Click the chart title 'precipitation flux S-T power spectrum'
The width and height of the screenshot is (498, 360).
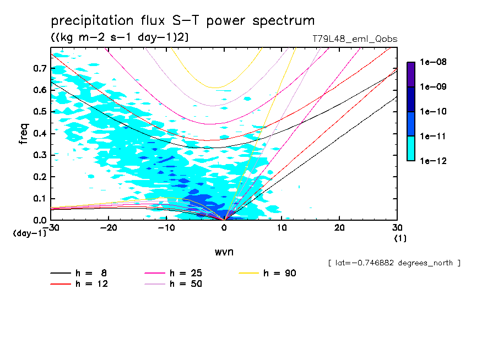coord(182,21)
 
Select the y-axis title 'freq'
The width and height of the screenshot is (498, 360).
coord(24,134)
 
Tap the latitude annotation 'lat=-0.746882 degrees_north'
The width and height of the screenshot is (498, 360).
coord(394,263)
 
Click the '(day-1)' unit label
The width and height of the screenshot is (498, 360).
coord(29,233)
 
